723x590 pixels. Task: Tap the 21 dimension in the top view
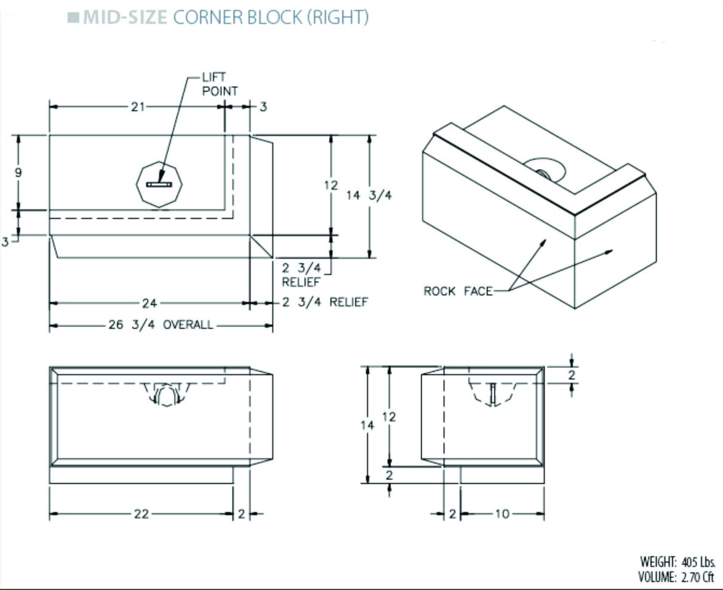[x=138, y=107]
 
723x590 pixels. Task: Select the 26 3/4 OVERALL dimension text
[x=161, y=325]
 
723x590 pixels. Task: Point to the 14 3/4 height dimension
[x=369, y=196]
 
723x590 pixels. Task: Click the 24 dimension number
[x=150, y=303]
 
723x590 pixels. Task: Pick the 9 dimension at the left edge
[x=19, y=172]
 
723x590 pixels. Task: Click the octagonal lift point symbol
[x=159, y=185]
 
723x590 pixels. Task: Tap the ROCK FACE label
[x=458, y=291]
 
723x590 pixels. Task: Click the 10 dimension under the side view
[x=501, y=514]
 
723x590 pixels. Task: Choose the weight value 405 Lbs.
[x=698, y=562]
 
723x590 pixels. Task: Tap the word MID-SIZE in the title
[x=125, y=17]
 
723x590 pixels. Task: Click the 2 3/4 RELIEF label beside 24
[x=324, y=302]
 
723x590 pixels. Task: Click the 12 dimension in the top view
[x=330, y=185]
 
